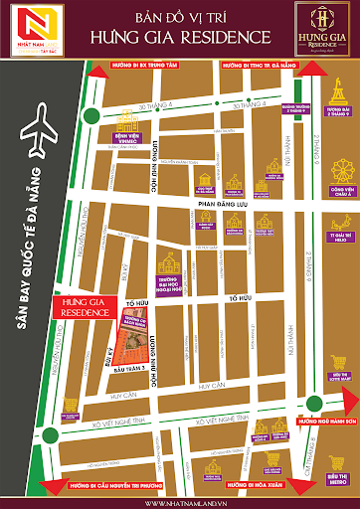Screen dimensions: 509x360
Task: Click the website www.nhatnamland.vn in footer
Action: click(179, 502)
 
